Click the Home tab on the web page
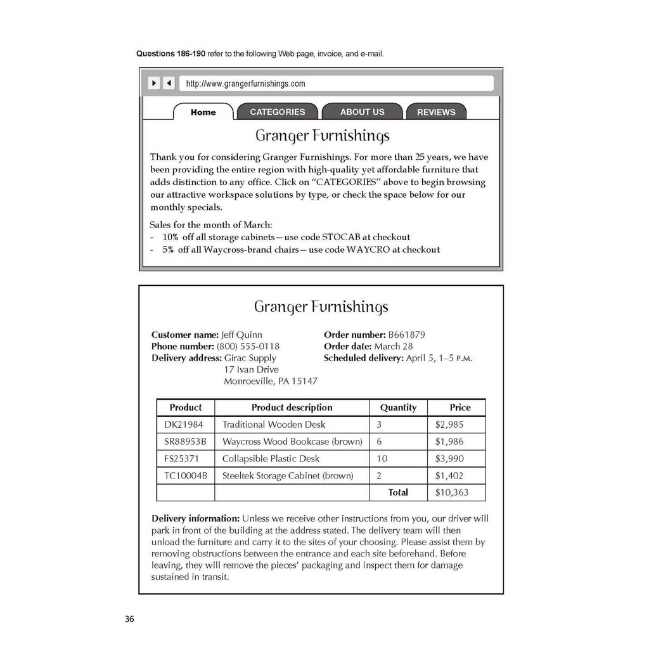coord(203,112)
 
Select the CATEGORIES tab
coord(277,112)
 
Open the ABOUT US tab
coord(362,112)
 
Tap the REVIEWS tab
coord(436,112)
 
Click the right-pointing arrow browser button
coord(154,83)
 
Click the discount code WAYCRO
coord(368,250)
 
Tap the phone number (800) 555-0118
coord(248,346)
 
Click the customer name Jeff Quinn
coord(241,335)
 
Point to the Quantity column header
coord(398,408)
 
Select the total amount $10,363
coord(452,492)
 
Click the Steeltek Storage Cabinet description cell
coord(288,476)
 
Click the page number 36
coord(129,619)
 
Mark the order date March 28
coord(393,346)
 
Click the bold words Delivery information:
coord(195,518)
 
